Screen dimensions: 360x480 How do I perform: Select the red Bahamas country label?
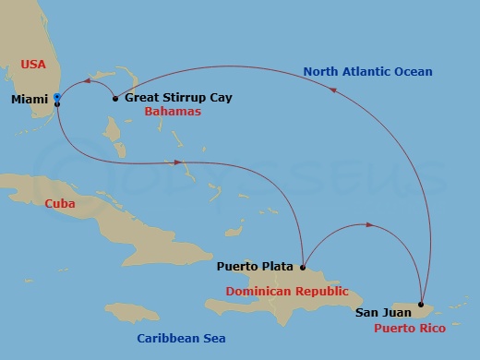pos(172,112)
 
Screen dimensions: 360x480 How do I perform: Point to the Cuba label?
pos(60,204)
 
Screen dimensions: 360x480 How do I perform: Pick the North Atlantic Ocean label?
pos(368,71)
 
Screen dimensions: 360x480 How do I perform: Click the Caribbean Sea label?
pos(181,339)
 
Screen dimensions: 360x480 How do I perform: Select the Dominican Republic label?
pos(287,292)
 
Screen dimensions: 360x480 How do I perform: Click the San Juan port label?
pos(383,313)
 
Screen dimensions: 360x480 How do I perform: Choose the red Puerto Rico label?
pos(410,328)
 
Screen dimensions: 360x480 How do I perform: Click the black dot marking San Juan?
pos(422,293)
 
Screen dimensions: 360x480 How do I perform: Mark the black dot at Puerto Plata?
pos(303,268)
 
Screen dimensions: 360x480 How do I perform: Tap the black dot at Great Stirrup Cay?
pos(114,98)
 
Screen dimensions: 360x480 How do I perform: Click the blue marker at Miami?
pos(57,97)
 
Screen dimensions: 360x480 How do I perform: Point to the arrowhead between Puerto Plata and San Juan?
pos(370,224)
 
